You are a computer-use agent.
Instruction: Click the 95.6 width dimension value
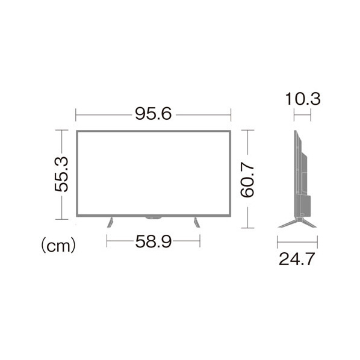[153, 114]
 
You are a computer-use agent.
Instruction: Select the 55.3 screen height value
[61, 174]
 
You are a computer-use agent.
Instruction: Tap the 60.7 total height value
[247, 180]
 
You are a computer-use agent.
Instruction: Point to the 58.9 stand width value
[154, 241]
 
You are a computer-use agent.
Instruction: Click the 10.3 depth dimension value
[303, 99]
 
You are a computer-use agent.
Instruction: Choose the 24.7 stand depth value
[297, 259]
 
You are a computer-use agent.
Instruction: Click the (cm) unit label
[58, 246]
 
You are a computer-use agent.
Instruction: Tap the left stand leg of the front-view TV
[110, 223]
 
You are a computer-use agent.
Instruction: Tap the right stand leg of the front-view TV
[197, 223]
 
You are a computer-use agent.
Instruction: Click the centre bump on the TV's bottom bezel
[154, 217]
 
